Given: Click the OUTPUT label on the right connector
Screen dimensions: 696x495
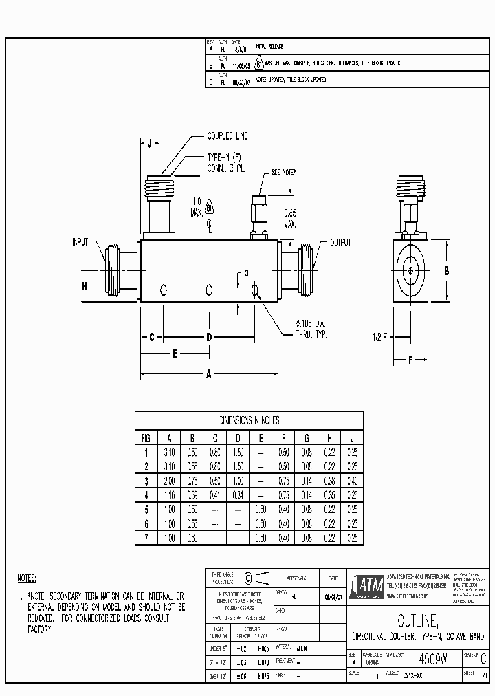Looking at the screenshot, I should pyautogui.click(x=340, y=242).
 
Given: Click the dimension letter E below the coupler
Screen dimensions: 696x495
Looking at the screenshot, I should pyautogui.click(x=175, y=354).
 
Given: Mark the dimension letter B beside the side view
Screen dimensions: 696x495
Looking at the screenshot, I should pyautogui.click(x=446, y=271).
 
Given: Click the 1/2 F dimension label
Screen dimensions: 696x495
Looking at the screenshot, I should pyautogui.click(x=379, y=337).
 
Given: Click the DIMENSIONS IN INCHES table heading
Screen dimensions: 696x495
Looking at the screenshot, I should pyautogui.click(x=248, y=420).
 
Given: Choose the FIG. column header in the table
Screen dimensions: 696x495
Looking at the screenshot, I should pyautogui.click(x=146, y=437).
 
